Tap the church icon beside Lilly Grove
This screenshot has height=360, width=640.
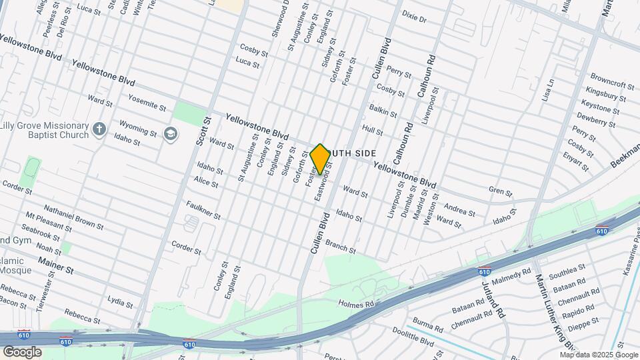point(99,129)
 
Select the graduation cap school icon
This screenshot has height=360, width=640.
point(170,134)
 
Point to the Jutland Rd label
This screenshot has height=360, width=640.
point(491,286)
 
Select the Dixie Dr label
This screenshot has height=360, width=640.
point(414,16)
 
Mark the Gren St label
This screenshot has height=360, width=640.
point(500,193)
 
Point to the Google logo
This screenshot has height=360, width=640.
point(21,352)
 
